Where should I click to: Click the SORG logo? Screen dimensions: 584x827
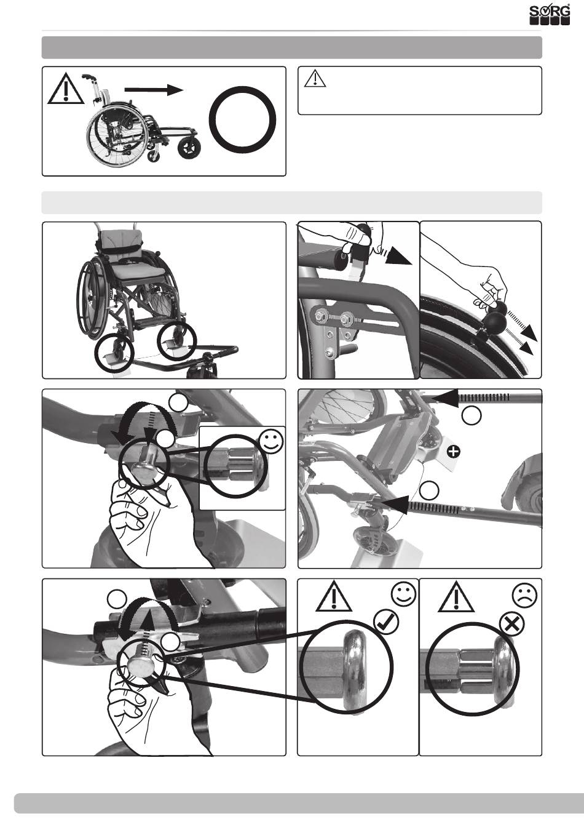(x=550, y=15)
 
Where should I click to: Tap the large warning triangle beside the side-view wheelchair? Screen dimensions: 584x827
(x=66, y=88)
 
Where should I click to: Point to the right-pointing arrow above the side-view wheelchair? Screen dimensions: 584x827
(x=154, y=90)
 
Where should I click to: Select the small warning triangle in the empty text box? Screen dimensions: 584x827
(x=315, y=79)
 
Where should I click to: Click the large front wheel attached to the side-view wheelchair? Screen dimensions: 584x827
(x=189, y=148)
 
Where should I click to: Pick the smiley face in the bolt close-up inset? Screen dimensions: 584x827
(x=271, y=442)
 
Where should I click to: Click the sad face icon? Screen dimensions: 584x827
(x=525, y=595)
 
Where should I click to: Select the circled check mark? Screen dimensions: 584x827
(x=386, y=622)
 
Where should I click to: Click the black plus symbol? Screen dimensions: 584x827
(x=455, y=451)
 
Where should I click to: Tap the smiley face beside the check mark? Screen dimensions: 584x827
(x=404, y=595)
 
